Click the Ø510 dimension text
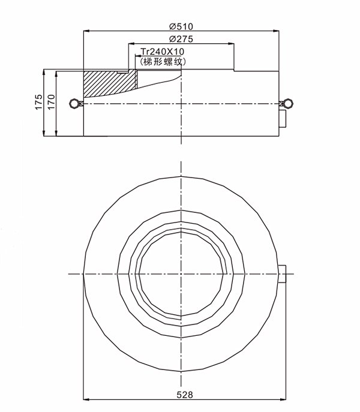(181, 26)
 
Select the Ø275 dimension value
(181, 39)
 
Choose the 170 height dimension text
(50, 103)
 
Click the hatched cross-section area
(102, 84)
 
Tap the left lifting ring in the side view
(74, 103)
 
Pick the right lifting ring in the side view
(287, 103)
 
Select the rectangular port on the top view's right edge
(284, 275)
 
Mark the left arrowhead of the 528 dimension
(84, 400)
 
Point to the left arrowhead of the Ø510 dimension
(85, 31)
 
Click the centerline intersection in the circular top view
(181, 274)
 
